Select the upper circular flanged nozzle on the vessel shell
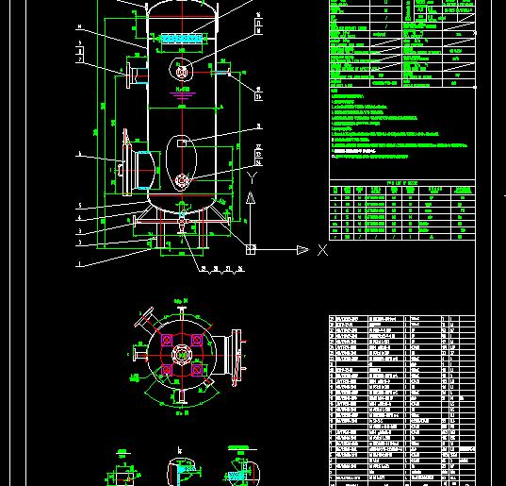point(181,70)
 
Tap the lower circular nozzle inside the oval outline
point(181,179)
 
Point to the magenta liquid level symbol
point(182,92)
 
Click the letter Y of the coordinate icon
point(251,176)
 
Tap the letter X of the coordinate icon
point(322,250)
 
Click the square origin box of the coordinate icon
point(251,249)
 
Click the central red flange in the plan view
point(180,355)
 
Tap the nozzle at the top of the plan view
point(180,308)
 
